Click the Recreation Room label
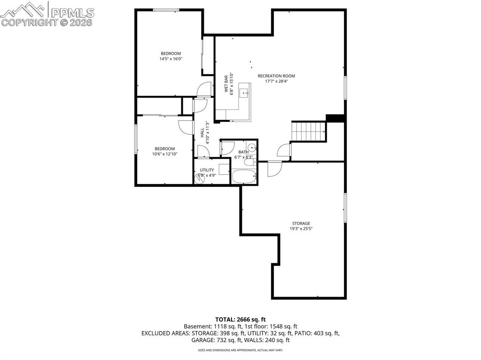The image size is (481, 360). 276,76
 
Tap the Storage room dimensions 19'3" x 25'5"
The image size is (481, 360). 301,229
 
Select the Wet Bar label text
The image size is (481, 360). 226,84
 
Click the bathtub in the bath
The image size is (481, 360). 244,177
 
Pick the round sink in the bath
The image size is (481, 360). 252,148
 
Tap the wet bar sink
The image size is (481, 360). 244,92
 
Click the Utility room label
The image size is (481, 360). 207,170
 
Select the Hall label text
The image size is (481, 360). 202,132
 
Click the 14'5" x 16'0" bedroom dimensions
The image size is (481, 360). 171,59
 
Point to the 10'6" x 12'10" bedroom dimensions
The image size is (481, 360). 165,154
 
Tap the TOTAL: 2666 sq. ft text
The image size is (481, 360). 240,320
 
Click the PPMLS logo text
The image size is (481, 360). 72,13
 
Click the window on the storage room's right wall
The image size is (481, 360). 345,207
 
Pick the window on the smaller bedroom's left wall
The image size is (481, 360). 136,139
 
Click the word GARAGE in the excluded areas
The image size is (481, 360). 202,340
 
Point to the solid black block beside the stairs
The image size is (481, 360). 336,118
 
